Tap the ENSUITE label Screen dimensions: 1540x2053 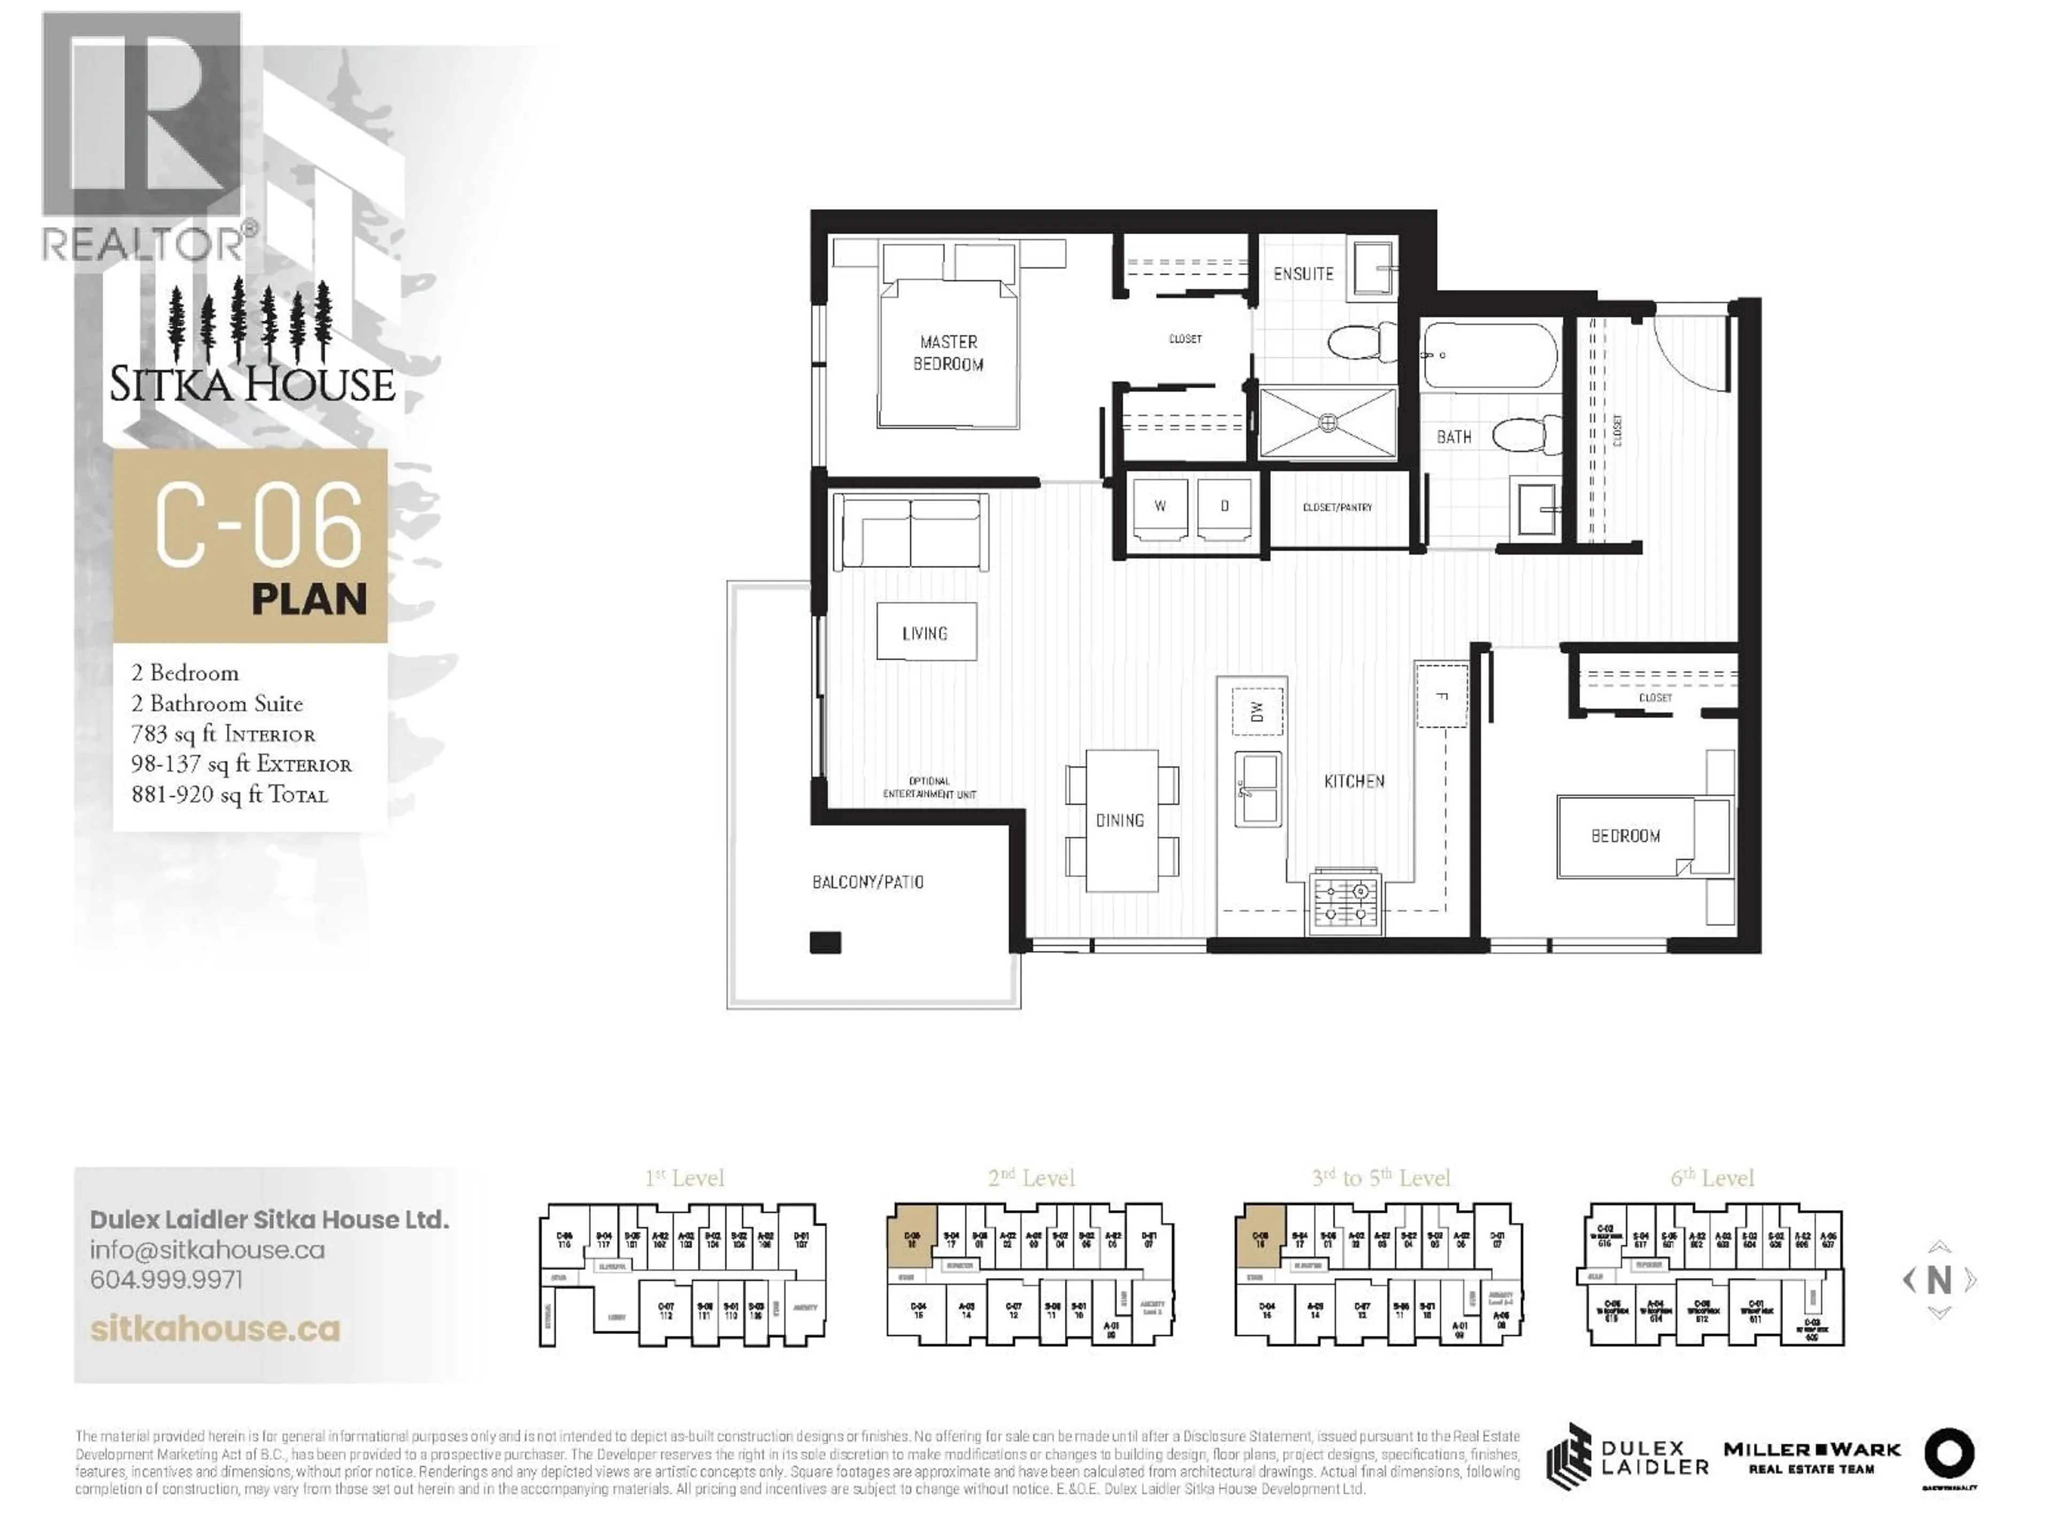click(x=1303, y=274)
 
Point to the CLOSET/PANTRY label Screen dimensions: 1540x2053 click(x=1338, y=508)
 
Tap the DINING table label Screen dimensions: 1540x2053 click(x=1120, y=821)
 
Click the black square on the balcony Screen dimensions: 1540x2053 click(x=825, y=943)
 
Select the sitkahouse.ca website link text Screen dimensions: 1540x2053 click(x=215, y=1329)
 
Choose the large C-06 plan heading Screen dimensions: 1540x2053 click(x=258, y=526)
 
